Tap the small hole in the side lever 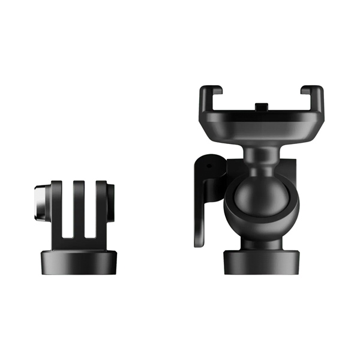click(x=209, y=164)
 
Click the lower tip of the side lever click(x=200, y=240)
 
